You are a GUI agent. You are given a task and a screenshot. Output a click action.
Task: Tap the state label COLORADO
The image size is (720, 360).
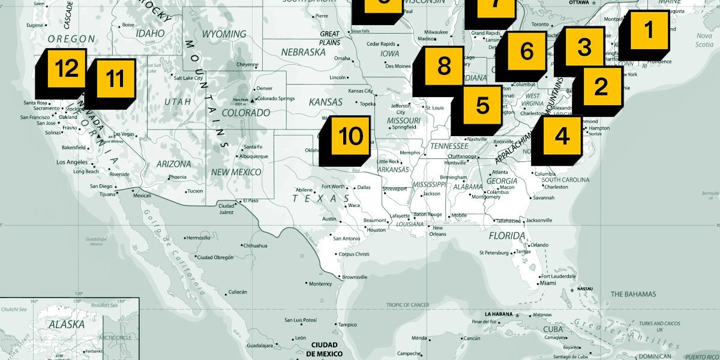pos(246,112)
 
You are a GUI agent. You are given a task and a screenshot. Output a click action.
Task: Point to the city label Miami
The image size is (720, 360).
pos(547,283)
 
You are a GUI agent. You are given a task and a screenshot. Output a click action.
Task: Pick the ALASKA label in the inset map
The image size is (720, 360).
pos(62,323)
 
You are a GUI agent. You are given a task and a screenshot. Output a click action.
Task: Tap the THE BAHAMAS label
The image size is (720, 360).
pos(633,294)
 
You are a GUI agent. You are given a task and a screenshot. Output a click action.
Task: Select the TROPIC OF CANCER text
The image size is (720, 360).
pos(407,305)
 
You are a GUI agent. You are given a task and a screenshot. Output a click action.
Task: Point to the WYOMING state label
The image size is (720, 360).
pos(219,34)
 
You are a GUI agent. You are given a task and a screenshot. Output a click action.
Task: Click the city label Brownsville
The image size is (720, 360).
pos(354,277)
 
